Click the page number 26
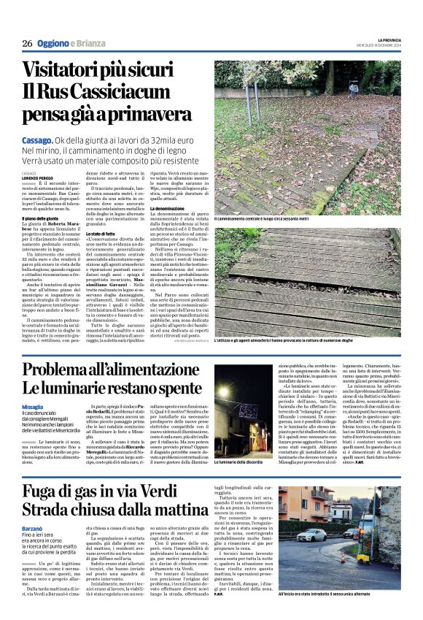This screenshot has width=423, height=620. pos(26,43)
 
